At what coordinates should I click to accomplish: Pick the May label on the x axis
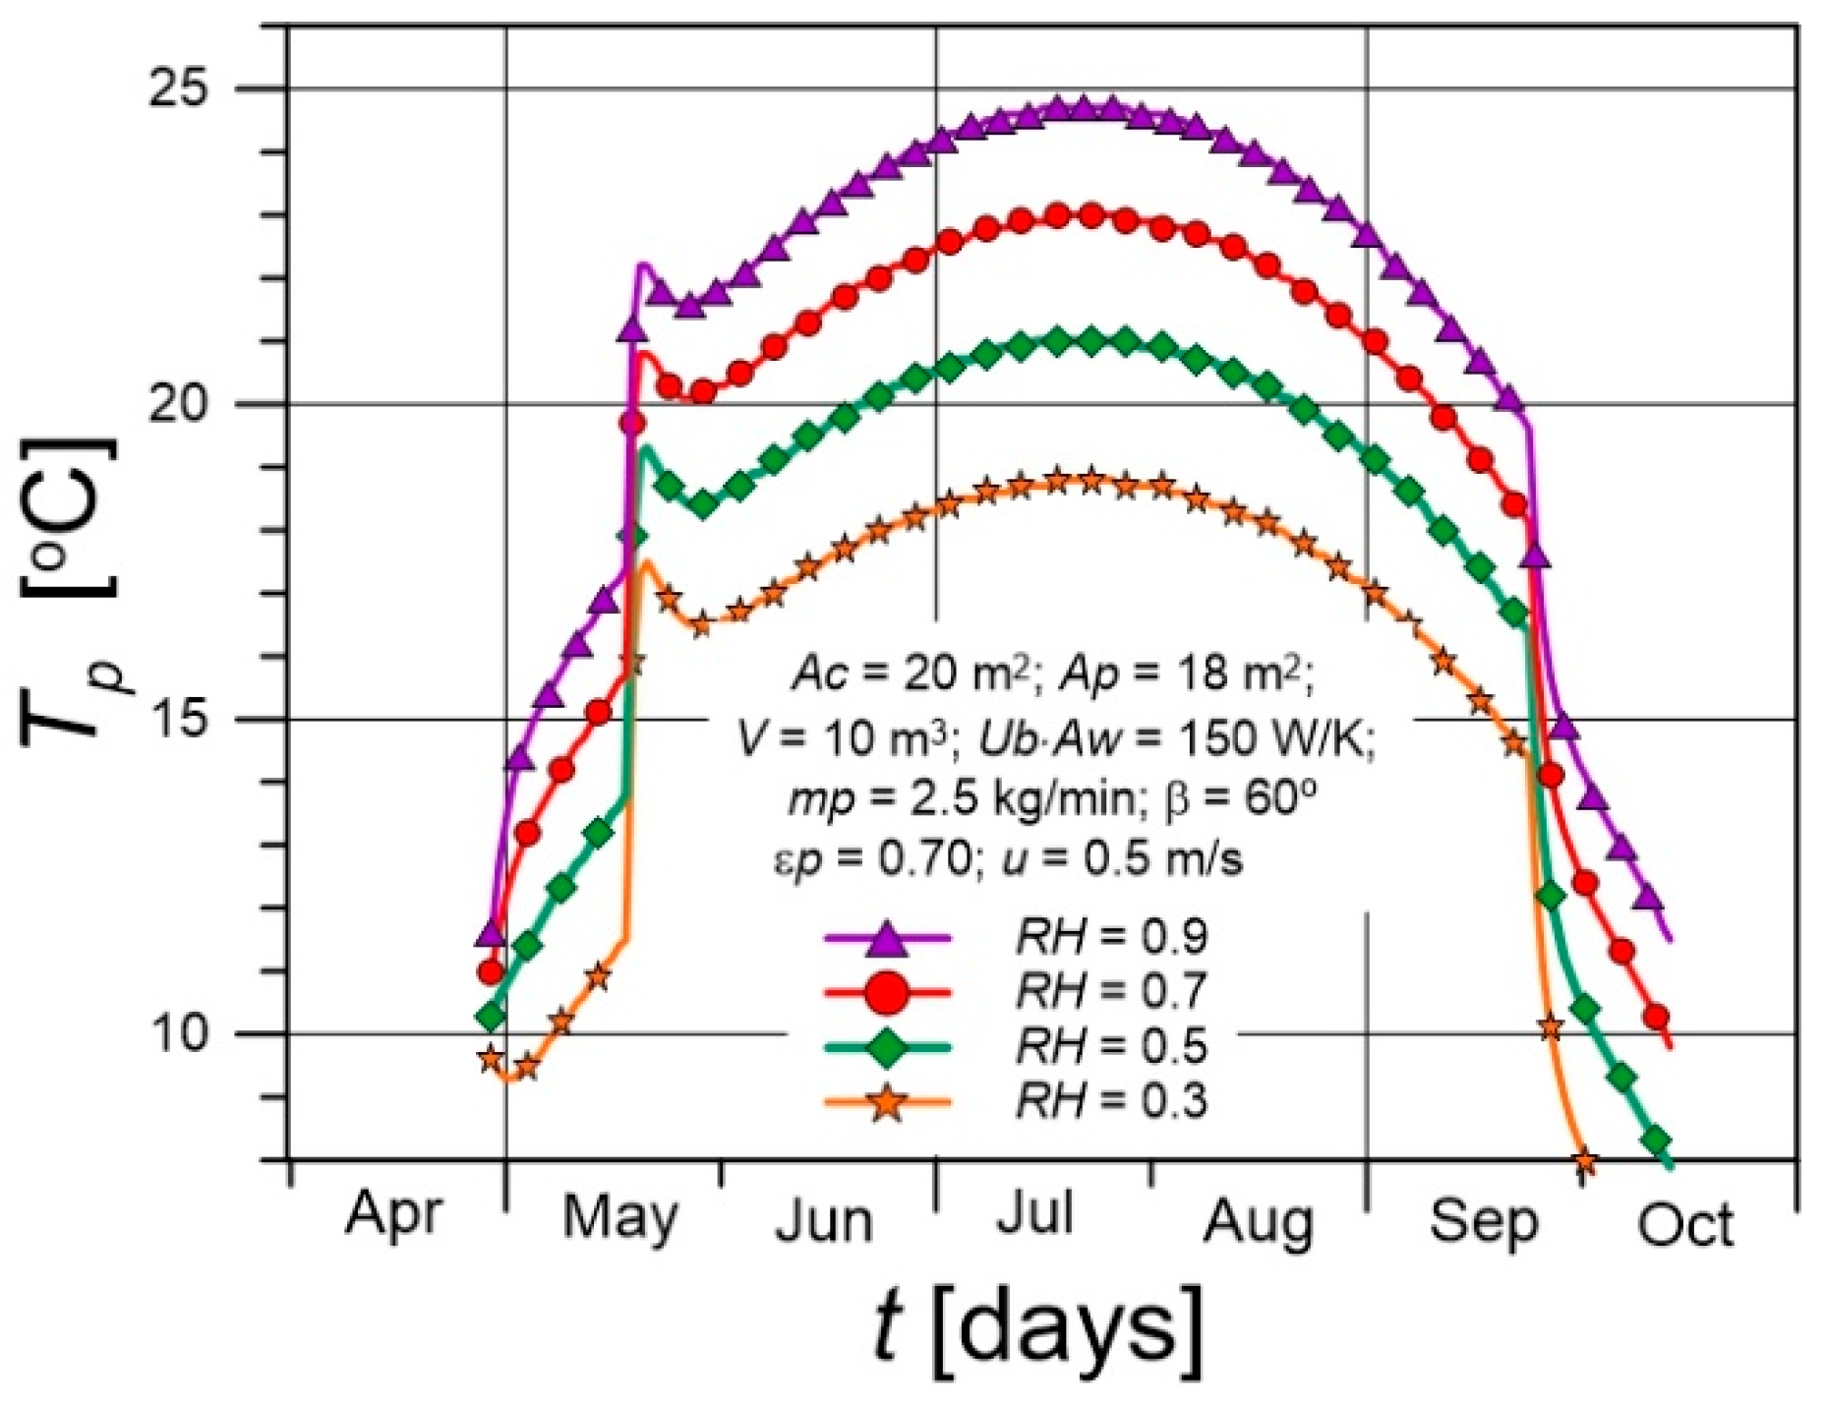619,1220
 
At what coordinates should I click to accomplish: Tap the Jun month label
824,1222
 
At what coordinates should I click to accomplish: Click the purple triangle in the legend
887,937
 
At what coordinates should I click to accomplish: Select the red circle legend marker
887,992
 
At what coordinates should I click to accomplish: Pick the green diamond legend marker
887,1048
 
